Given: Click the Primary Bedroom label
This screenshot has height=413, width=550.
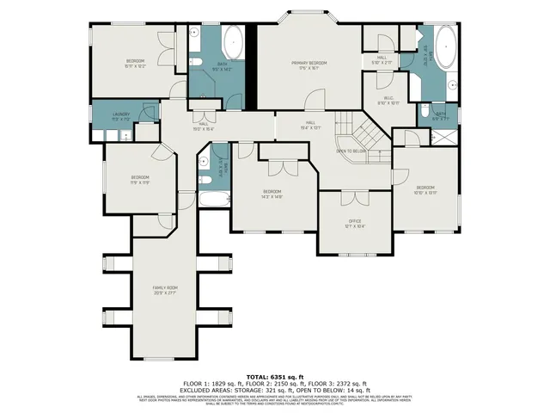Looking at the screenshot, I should pyautogui.click(x=308, y=63).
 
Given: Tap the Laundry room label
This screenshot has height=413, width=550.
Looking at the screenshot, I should pyautogui.click(x=119, y=114).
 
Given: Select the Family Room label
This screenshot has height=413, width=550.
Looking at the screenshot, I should pyautogui.click(x=165, y=287).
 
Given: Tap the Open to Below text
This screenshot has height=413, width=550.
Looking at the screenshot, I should pyautogui.click(x=352, y=151).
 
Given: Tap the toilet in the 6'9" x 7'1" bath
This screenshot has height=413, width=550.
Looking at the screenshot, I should pyautogui.click(x=424, y=110).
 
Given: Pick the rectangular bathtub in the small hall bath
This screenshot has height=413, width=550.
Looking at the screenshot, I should pyautogui.click(x=214, y=200).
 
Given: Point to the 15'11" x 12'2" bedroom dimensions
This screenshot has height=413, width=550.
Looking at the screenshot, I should pyautogui.click(x=135, y=65).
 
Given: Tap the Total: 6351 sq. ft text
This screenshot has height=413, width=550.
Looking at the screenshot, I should pyautogui.click(x=274, y=376).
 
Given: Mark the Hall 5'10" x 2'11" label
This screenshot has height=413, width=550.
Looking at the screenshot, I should pyautogui.click(x=381, y=61).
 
